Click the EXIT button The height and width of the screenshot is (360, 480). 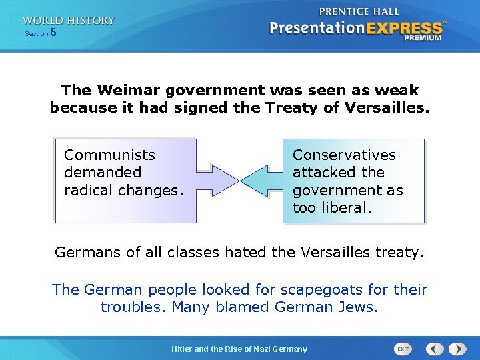pyautogui.click(x=403, y=349)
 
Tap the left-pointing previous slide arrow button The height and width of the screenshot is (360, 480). pyautogui.click(x=435, y=349)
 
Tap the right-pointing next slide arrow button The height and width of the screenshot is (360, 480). pyautogui.click(x=457, y=349)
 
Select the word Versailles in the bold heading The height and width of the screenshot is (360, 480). pyautogui.click(x=387, y=107)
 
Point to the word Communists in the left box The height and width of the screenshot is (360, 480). pyautogui.click(x=109, y=155)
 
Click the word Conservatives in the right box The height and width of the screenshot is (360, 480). pyautogui.click(x=344, y=155)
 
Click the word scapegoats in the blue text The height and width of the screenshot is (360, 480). pyautogui.click(x=315, y=289)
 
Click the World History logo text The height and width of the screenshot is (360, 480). pyautogui.click(x=68, y=20)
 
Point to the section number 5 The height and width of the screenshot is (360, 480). pyautogui.click(x=53, y=33)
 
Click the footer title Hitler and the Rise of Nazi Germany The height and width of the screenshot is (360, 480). pyautogui.click(x=239, y=349)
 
